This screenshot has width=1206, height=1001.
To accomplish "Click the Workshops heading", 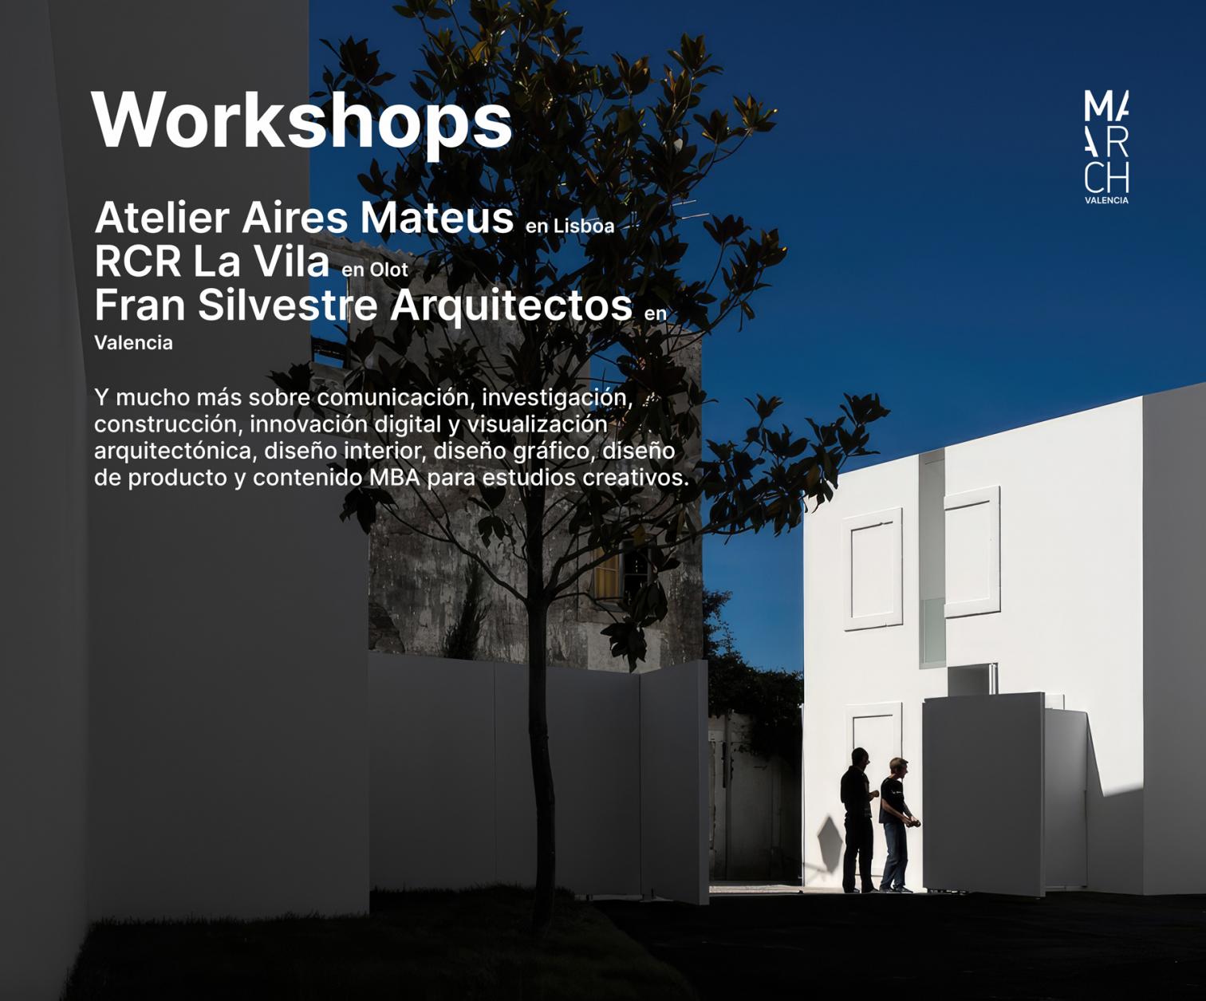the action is [x=301, y=122].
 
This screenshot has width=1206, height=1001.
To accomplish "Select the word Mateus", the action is [x=436, y=218].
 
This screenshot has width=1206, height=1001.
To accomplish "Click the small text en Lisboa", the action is [x=569, y=226].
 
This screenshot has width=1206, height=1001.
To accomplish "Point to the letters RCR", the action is [x=138, y=262].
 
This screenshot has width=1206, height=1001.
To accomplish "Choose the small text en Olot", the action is [x=375, y=270].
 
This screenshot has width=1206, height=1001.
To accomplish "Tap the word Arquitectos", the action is [x=511, y=306].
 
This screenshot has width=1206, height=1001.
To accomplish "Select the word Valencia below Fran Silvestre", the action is [x=133, y=342].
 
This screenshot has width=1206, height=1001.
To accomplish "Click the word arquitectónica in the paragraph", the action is [x=175, y=451].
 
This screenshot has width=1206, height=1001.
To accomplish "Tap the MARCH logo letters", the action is [x=1106, y=142].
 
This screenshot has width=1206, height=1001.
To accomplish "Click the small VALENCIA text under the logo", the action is [x=1106, y=200].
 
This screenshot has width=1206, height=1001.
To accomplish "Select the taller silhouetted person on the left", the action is [x=857, y=821].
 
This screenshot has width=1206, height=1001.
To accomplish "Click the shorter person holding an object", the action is [x=896, y=825].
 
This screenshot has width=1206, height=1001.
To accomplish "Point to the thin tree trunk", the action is [x=541, y=751].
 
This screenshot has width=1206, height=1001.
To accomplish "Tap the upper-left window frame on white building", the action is [x=873, y=569].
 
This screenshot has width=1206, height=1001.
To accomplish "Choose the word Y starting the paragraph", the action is [x=101, y=397].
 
